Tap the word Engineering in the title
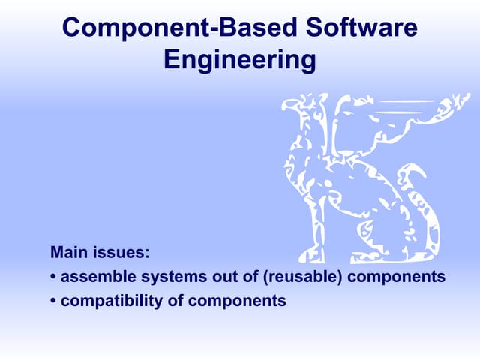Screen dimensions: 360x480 click(239, 61)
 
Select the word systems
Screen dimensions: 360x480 click(166, 277)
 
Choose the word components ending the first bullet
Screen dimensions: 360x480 click(397, 277)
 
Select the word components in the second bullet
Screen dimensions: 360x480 click(238, 302)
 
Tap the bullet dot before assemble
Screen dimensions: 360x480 click(53, 277)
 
